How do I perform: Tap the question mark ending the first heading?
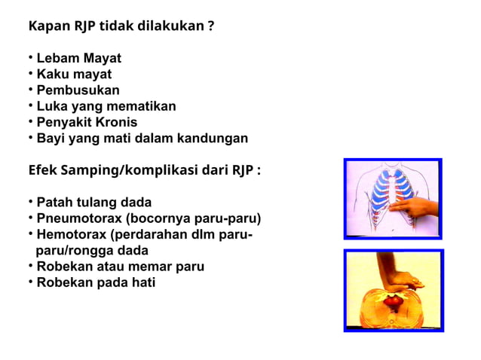pyautogui.click(x=211, y=27)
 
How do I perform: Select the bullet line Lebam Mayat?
pyautogui.click(x=78, y=58)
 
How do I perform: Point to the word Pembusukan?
pyautogui.click(x=78, y=90)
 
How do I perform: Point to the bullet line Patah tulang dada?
pyautogui.click(x=93, y=203)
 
